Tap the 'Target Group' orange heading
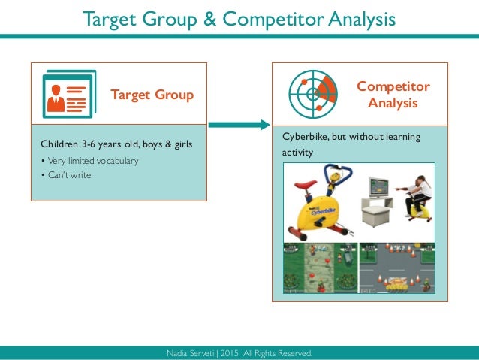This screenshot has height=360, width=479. (152, 95)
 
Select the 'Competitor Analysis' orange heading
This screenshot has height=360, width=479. (393, 95)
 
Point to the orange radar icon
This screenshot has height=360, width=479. (313, 94)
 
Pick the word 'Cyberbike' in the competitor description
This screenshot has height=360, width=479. (306, 138)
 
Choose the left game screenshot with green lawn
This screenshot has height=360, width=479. (319, 269)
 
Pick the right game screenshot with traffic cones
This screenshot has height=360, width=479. (396, 269)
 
